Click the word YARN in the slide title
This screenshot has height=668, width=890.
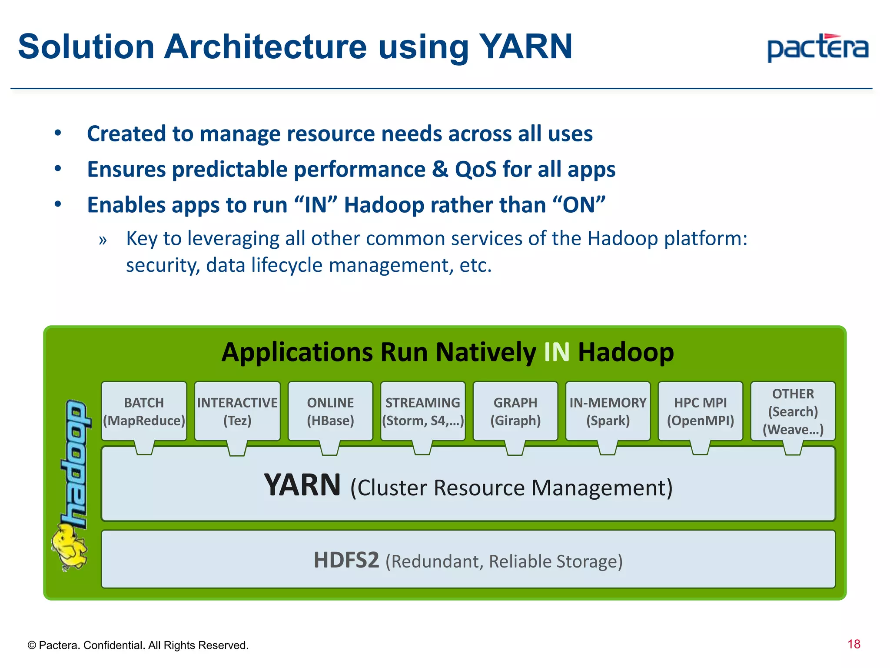(x=525, y=47)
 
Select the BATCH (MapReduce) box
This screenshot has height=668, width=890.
(x=144, y=411)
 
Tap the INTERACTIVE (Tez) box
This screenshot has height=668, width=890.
(x=237, y=411)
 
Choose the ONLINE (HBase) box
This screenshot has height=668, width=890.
(x=330, y=411)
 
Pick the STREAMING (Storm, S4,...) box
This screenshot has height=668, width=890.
(x=423, y=411)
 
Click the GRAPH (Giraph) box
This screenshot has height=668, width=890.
(x=515, y=411)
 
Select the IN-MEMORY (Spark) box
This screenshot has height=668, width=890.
(x=608, y=411)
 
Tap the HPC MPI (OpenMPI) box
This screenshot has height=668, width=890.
(x=701, y=411)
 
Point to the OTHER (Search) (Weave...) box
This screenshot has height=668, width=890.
(x=793, y=411)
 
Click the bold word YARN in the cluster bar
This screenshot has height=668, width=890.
(x=302, y=485)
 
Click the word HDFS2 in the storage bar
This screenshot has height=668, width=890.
(x=346, y=560)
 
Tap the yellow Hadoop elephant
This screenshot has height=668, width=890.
(x=69, y=547)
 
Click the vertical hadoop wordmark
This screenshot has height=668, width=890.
(x=76, y=463)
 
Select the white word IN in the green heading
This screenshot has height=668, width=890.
(x=556, y=352)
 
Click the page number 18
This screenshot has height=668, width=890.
(x=853, y=644)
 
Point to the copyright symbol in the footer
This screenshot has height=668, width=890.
(x=31, y=645)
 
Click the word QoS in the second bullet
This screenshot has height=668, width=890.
(x=475, y=169)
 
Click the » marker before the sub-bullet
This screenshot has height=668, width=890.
(x=103, y=240)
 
